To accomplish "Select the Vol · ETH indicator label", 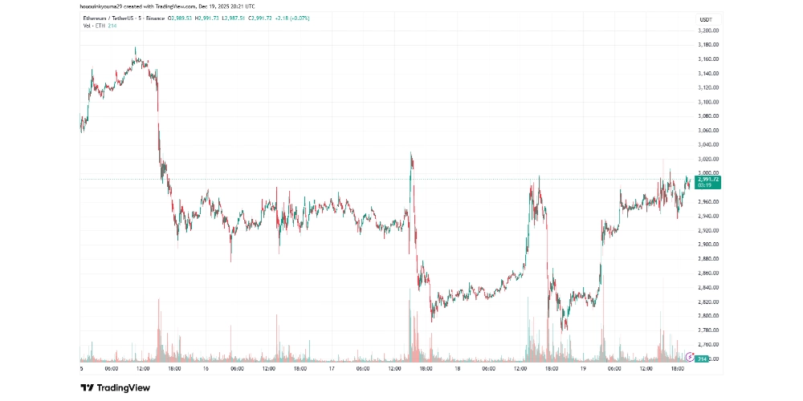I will (93, 25).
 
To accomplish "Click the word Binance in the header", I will (156, 18).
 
